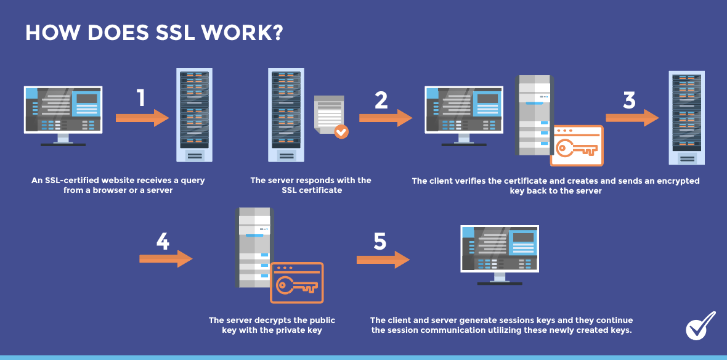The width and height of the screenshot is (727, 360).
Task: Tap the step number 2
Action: (x=381, y=100)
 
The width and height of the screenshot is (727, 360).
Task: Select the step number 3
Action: (x=629, y=100)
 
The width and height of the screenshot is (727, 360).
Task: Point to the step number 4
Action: (x=163, y=242)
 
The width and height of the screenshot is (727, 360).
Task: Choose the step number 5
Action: (x=380, y=242)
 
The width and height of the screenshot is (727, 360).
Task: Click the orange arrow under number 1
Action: (x=142, y=118)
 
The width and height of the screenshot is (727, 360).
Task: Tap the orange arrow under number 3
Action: (x=632, y=118)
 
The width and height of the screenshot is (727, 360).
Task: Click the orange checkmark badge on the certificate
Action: (x=341, y=131)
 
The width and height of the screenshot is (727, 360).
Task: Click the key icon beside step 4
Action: (x=297, y=285)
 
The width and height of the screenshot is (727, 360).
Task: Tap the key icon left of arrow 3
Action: (x=577, y=148)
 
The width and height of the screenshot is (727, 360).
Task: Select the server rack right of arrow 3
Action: (x=687, y=117)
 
